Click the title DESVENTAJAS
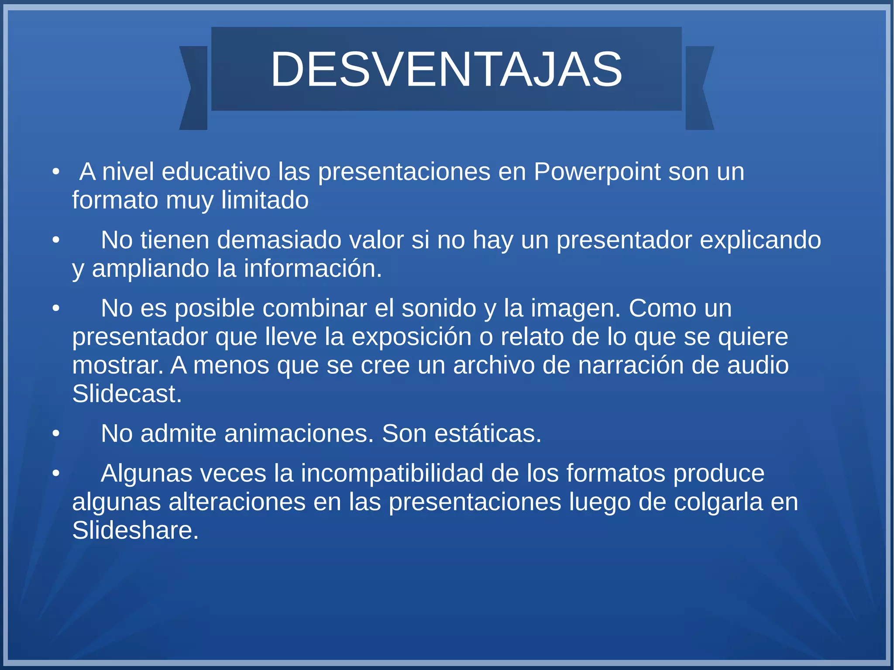click(x=446, y=69)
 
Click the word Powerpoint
click(x=597, y=172)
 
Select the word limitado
click(x=265, y=200)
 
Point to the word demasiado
click(x=279, y=240)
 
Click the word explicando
click(x=760, y=240)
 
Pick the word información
click(x=313, y=268)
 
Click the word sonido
click(x=439, y=308)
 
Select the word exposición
click(x=411, y=337)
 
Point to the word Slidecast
click(x=127, y=394)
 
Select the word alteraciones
click(x=237, y=502)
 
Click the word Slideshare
click(x=135, y=530)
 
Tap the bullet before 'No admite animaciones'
click(x=55, y=434)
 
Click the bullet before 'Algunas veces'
click(x=55, y=474)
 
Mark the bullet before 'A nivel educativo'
click(x=55, y=172)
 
